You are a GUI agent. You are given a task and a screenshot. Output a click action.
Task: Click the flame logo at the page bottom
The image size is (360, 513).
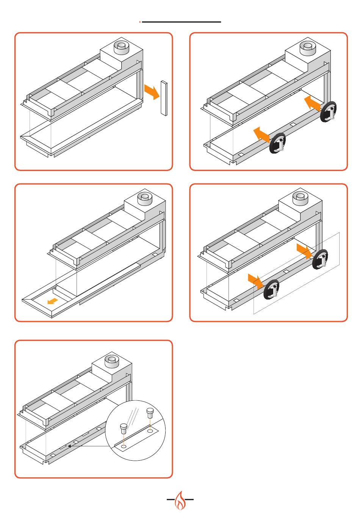[180, 500]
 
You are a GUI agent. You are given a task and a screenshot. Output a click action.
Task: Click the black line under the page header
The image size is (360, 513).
[181, 22]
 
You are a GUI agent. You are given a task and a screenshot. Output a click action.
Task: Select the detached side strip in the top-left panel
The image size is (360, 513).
[164, 98]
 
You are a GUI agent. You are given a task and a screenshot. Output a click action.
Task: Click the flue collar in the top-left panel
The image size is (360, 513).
[121, 47]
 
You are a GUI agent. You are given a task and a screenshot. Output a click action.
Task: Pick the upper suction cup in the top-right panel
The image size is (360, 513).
[329, 112]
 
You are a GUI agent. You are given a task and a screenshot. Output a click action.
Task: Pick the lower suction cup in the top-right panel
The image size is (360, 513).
[277, 143]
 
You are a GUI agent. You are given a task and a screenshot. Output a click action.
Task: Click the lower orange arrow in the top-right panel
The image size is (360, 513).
[261, 134]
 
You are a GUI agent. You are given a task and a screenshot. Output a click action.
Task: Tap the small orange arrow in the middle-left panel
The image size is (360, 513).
[53, 301]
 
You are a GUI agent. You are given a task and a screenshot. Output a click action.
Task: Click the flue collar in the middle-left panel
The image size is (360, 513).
[145, 197]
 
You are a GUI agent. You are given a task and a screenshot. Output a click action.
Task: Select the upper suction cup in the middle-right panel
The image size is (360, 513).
[320, 259]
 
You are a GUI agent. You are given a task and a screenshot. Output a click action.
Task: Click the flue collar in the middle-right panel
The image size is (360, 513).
[300, 196]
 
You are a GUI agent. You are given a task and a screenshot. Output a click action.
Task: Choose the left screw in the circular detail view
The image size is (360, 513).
[124, 428]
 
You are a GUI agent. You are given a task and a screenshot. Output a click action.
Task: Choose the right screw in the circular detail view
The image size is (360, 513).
[150, 411]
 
